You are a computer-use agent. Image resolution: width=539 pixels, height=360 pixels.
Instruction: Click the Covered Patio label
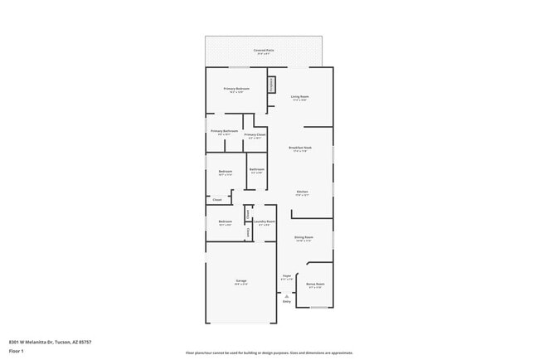[265, 51]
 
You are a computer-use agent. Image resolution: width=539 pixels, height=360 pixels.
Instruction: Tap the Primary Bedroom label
[236, 89]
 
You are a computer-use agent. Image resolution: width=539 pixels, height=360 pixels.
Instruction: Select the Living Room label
[299, 97]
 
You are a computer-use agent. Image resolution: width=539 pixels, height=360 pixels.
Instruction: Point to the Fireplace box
[270, 85]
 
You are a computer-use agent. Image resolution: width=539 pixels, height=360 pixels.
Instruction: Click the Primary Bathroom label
[224, 131]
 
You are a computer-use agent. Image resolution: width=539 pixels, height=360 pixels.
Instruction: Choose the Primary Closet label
[255, 134]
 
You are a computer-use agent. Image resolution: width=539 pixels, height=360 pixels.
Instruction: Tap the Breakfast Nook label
[299, 148]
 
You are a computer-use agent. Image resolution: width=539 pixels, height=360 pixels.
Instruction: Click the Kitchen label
[303, 192]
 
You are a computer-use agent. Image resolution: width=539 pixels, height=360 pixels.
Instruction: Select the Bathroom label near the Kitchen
[256, 169]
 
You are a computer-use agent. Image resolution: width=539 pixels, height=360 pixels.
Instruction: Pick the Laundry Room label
[265, 221]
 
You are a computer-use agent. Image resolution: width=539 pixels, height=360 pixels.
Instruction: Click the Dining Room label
[303, 237]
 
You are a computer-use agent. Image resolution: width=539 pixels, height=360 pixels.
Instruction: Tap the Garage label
[240, 281]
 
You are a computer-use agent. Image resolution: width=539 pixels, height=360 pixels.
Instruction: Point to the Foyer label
[287, 275]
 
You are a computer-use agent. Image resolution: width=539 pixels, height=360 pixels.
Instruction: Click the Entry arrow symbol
[287, 296]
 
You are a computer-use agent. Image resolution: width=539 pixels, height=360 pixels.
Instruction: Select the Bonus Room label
[316, 285]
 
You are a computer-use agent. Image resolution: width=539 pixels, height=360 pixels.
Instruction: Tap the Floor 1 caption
[16, 351]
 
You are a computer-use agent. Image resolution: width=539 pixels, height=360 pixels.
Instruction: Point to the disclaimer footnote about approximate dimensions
[269, 353]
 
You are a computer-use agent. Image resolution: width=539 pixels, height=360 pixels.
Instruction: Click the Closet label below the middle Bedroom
[216, 200]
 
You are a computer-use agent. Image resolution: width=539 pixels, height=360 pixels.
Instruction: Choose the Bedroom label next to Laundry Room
[225, 221]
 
